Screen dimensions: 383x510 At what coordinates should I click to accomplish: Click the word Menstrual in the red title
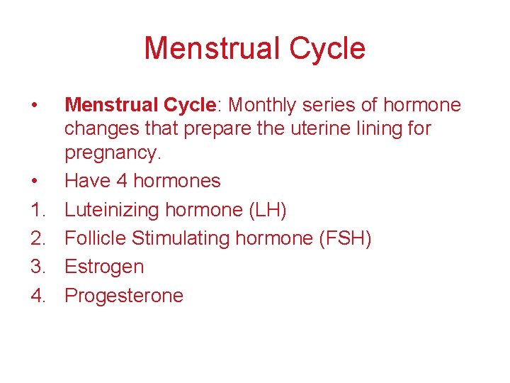206,49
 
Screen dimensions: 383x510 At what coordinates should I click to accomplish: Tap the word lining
368,129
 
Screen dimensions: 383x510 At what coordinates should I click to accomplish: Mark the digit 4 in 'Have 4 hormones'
122,181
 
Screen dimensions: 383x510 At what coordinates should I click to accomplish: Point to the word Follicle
95,238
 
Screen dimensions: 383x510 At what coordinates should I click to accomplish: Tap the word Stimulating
181,238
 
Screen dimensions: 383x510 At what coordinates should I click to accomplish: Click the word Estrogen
104,267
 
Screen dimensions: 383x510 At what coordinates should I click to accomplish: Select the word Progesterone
124,296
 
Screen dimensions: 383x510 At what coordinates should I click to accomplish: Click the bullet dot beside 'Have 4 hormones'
35,182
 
